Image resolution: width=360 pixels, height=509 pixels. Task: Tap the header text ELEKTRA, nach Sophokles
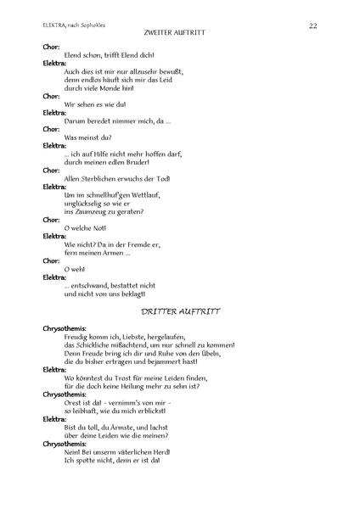[74, 26]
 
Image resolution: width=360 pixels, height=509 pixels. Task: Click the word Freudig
[78, 337]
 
